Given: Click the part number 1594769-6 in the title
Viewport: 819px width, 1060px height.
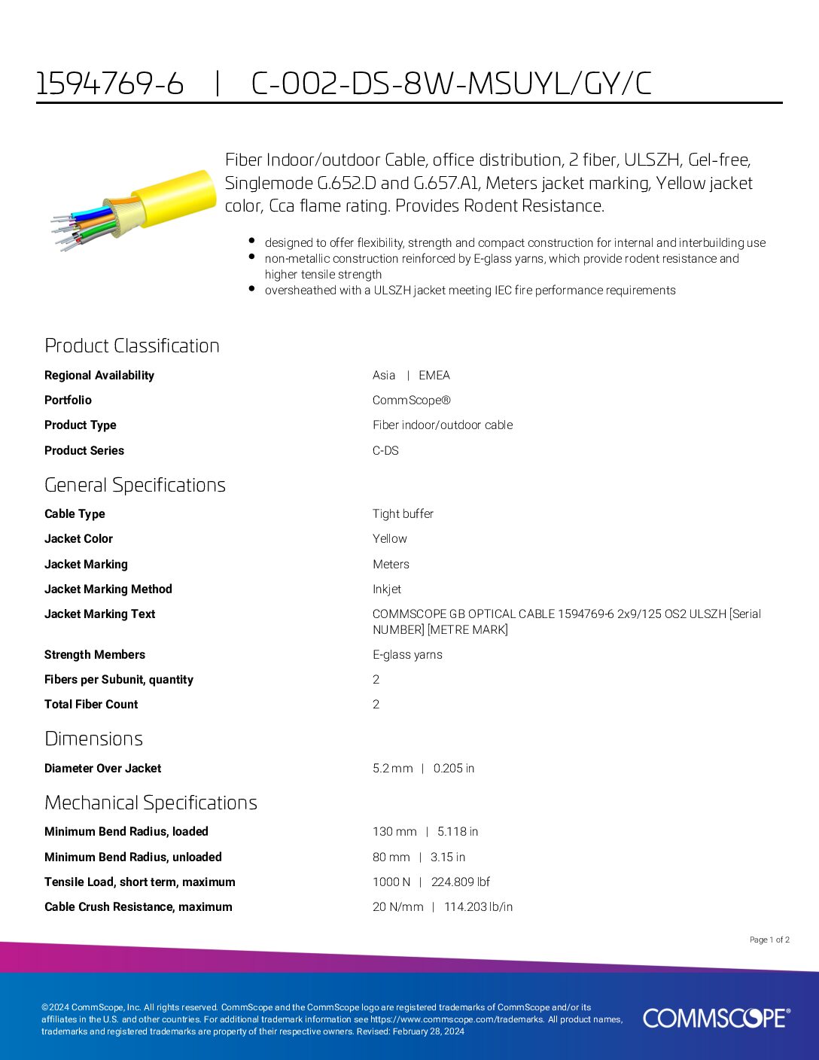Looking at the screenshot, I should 110,84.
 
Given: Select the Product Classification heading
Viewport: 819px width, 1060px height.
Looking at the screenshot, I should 132,346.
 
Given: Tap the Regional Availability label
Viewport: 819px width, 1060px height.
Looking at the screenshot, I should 99,375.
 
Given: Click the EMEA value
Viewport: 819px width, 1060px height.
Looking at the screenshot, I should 434,375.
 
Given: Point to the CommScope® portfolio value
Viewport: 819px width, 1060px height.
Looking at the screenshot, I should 411,401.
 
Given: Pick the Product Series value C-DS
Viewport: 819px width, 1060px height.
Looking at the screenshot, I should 385,450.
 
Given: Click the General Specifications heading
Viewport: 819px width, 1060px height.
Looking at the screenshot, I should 135,485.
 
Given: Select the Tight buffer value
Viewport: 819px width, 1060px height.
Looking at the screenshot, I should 403,513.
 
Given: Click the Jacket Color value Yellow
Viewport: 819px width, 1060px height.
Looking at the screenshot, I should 389,538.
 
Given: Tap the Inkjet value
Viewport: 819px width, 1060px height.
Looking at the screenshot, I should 387,589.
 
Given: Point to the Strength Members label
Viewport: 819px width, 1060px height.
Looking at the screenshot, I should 95,654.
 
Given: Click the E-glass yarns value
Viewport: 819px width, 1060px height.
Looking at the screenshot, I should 407,654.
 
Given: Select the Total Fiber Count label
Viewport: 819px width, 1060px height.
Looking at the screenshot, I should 91,704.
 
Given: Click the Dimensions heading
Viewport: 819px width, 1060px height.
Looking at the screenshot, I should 93,739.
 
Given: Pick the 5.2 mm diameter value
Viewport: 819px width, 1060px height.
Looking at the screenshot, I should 392,768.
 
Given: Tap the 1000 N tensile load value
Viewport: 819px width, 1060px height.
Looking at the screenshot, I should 391,882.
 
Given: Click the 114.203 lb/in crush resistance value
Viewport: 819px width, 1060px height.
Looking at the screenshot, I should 478,906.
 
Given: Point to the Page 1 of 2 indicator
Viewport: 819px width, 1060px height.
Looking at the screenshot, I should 769,940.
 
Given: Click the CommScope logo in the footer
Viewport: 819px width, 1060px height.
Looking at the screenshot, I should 716,1018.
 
